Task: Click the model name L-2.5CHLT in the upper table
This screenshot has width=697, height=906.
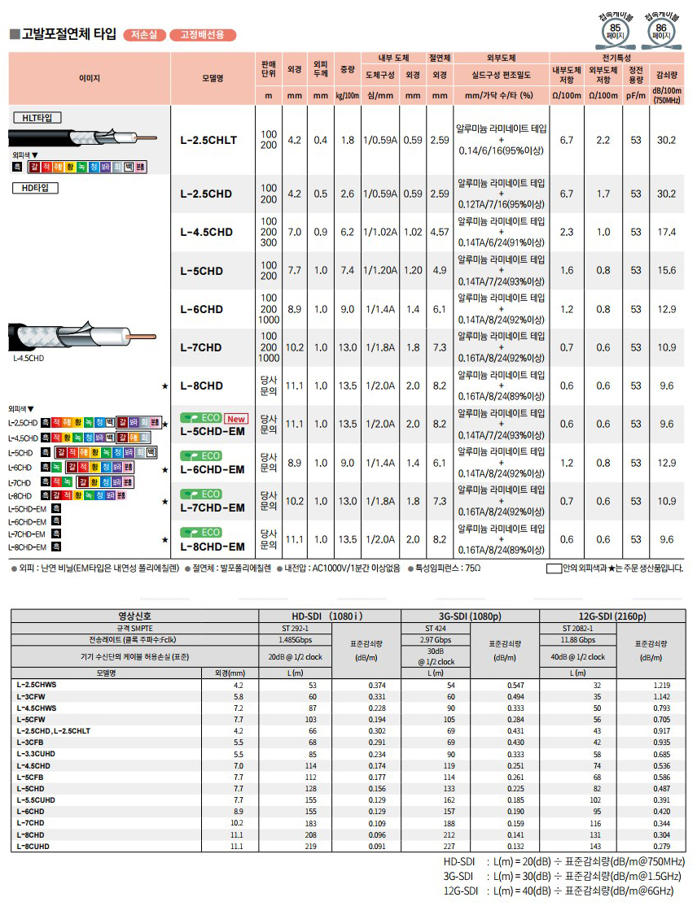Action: (208, 140)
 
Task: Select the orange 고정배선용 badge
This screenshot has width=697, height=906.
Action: (204, 35)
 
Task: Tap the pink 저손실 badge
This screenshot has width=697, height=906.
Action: (145, 35)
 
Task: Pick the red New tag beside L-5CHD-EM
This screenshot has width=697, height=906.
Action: (235, 418)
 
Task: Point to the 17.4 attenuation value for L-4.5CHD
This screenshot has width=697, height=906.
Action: (666, 232)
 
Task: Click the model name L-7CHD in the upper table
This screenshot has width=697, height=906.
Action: (201, 347)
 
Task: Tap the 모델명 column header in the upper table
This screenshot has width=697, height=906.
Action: (212, 78)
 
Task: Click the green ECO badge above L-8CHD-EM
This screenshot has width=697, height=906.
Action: (200, 532)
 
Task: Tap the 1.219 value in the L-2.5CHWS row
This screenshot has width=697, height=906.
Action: (661, 686)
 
